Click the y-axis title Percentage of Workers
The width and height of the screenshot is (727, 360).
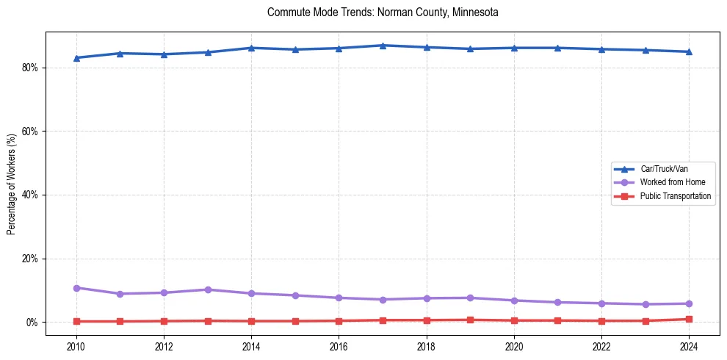pos(12,184)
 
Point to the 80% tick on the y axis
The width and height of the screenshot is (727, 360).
pos(31,68)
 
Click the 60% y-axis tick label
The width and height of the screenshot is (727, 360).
pos(31,132)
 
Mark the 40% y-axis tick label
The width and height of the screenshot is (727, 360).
pos(31,195)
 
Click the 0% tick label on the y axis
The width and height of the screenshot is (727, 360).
pos(33,323)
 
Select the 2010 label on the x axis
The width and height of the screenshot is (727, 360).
pos(76,345)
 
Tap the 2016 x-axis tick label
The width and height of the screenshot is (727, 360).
pos(339,345)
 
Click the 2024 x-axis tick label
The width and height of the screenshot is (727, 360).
pos(689,345)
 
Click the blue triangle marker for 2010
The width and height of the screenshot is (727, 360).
pos(76,57)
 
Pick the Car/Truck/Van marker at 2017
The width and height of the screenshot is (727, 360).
pos(383,46)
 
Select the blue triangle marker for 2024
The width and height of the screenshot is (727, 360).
pos(689,51)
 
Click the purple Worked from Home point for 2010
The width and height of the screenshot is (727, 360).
pos(76,288)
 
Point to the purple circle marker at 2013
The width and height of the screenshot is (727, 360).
pos(208,289)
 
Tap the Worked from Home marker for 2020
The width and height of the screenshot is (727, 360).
pos(514,300)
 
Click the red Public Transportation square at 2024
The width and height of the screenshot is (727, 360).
pos(689,319)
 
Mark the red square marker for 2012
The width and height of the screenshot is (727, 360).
pos(164,321)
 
